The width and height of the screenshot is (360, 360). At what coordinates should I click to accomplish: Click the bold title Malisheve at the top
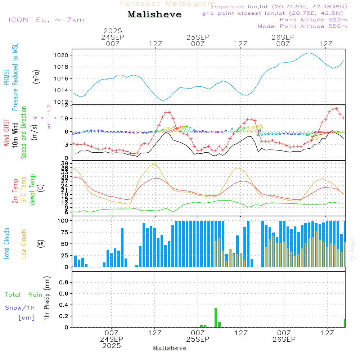click(155, 14)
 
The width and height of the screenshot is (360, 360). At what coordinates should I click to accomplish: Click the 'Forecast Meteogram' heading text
click(168, 4)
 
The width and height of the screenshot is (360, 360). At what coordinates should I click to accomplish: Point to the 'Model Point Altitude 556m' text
click(302, 26)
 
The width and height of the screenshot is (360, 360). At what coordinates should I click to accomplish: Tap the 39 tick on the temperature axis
click(65, 164)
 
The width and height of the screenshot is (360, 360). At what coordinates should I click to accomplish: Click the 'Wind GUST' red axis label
click(6, 133)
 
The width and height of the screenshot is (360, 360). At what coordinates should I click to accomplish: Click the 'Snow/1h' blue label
click(20, 308)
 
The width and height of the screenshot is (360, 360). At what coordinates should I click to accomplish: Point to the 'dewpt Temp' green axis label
click(33, 190)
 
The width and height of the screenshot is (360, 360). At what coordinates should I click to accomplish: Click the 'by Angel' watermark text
click(352, 249)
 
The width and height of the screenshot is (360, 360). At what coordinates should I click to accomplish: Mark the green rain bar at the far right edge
click(345, 323)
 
